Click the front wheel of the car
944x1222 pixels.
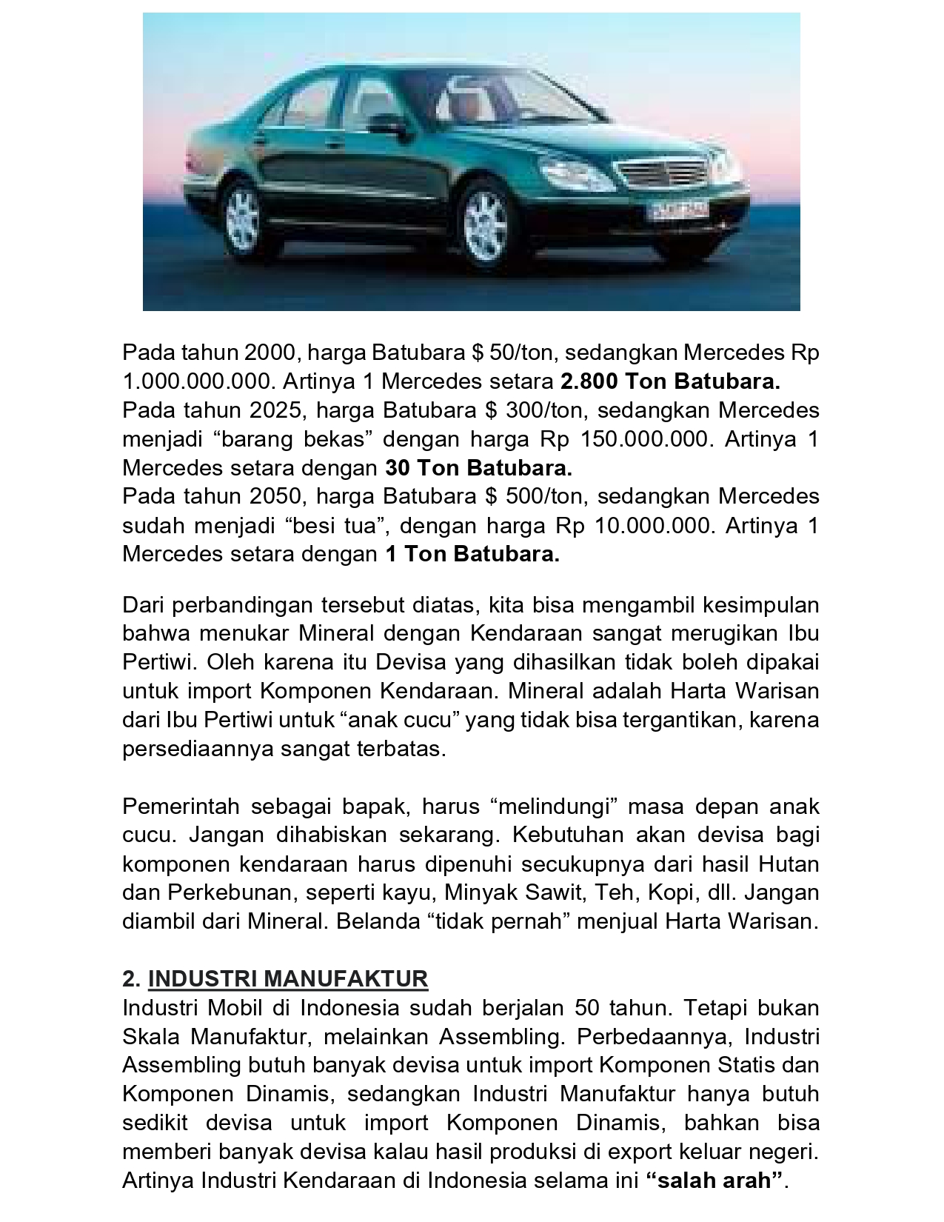[x=486, y=224]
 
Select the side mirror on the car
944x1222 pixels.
[x=386, y=124]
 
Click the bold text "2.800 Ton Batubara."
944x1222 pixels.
[x=670, y=381]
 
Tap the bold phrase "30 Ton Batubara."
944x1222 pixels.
[x=478, y=468]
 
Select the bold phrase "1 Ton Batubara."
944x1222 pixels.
[x=472, y=554]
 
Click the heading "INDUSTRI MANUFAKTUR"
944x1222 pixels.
[x=287, y=979]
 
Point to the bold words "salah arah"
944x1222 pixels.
[x=714, y=1181]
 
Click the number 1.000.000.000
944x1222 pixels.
[x=198, y=381]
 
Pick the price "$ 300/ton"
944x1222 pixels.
[x=533, y=410]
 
